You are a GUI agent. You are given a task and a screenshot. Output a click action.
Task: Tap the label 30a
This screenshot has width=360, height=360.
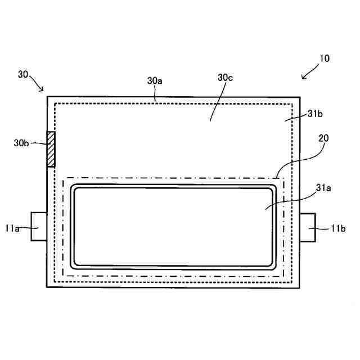(x=155, y=81)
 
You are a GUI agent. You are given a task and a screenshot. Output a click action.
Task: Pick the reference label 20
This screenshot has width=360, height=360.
(x=323, y=137)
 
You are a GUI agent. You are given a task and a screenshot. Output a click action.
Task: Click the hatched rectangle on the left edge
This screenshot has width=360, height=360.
(x=51, y=149)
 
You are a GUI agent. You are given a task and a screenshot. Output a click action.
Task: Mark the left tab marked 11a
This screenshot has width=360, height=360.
(x=38, y=226)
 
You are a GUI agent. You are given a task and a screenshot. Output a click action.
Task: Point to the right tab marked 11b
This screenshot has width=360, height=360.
(x=308, y=227)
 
